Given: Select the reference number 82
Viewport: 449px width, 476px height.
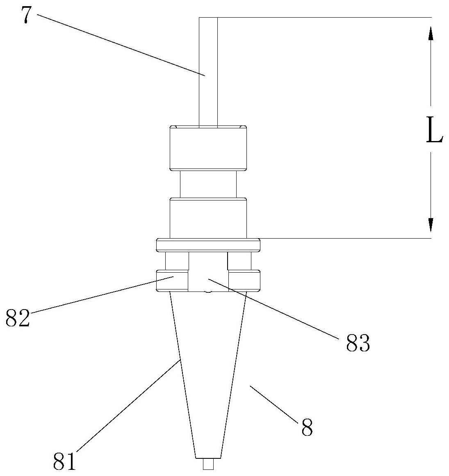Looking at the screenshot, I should coord(18,318).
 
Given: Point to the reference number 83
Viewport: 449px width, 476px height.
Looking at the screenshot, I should coord(358,344).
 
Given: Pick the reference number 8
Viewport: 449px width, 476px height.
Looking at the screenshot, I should coord(307,428).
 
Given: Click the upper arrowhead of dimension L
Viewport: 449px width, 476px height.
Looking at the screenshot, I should coord(431,33).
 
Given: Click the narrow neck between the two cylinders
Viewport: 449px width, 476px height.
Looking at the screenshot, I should coord(209,184).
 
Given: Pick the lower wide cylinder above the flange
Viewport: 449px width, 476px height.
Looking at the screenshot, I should coord(209,217).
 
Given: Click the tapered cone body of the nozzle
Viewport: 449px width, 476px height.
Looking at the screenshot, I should coord(209,369).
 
